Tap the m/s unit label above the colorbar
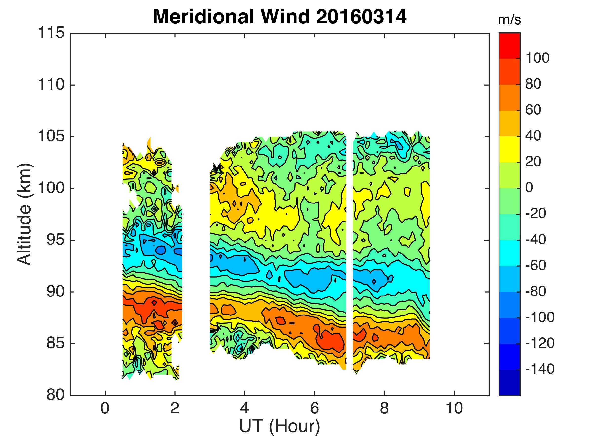[509, 20]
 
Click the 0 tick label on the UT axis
[105, 409]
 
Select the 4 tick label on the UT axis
[245, 409]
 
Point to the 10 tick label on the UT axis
[454, 409]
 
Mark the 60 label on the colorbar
[533, 110]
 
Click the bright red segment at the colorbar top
[509, 45]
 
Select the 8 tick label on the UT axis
[384, 409]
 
